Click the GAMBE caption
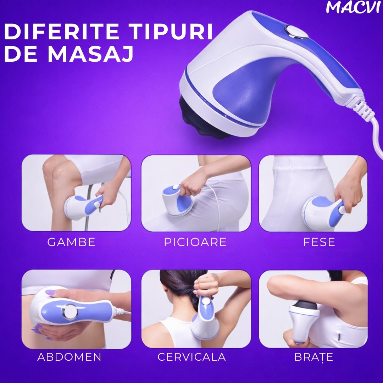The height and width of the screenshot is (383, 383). (x=71, y=242)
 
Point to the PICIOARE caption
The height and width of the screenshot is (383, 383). (x=195, y=242)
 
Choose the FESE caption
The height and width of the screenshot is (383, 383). (x=319, y=242)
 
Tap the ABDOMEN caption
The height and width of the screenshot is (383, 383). (x=69, y=357)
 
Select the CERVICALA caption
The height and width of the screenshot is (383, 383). (x=191, y=357)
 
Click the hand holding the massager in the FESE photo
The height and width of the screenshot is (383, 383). (x=346, y=193)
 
